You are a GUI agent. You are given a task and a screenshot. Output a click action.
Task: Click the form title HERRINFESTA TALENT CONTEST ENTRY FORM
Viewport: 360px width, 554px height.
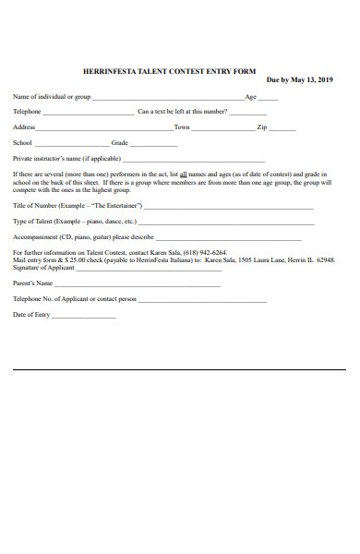pyautogui.click(x=169, y=71)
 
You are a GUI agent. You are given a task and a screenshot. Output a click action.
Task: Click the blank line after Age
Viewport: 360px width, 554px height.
pyautogui.click(x=267, y=99)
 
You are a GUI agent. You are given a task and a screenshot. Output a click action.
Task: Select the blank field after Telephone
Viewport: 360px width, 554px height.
pyautogui.click(x=89, y=114)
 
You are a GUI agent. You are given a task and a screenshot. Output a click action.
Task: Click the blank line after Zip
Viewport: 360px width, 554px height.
pyautogui.click(x=283, y=129)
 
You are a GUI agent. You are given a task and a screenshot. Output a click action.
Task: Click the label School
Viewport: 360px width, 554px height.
pyautogui.click(x=22, y=143)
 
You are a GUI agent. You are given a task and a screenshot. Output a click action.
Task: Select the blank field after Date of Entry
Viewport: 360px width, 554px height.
pyautogui.click(x=84, y=317)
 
